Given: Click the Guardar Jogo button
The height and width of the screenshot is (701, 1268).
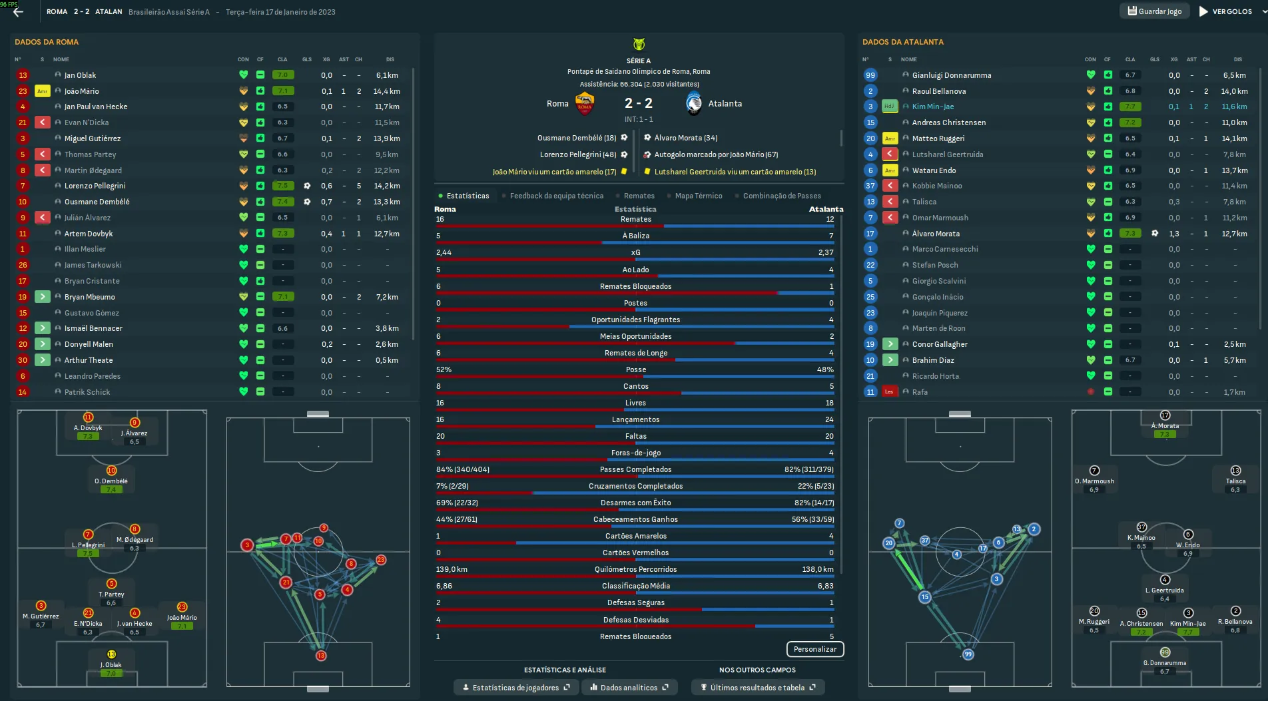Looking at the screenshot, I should (x=1155, y=11).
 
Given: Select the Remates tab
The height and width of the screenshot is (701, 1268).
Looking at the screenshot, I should (x=639, y=196).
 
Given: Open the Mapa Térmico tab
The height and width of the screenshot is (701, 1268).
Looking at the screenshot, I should (x=698, y=196).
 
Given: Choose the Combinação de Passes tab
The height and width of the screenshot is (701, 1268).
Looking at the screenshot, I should (x=781, y=196).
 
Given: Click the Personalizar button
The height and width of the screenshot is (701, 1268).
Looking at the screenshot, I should (x=814, y=649).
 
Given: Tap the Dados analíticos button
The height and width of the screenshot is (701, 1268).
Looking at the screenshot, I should (x=629, y=688).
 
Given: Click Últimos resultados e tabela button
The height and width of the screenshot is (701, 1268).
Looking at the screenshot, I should (x=757, y=688).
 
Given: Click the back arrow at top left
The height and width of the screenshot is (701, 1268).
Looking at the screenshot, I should (x=18, y=11).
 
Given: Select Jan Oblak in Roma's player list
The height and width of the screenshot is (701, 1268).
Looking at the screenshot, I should (x=80, y=75).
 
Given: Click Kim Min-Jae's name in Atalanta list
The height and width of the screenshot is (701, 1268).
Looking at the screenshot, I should (x=932, y=107).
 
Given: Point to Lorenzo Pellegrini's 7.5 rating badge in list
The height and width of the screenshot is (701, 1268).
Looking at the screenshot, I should (x=283, y=186).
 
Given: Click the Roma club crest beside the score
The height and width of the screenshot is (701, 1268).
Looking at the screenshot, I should (x=584, y=104).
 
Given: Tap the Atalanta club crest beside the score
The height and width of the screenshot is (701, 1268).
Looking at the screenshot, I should (x=694, y=104).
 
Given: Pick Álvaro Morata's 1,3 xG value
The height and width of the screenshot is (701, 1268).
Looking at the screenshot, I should (x=1174, y=234).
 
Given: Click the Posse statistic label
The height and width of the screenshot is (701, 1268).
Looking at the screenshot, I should (x=635, y=369).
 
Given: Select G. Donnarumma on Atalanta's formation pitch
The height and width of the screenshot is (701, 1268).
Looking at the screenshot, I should (x=1164, y=663).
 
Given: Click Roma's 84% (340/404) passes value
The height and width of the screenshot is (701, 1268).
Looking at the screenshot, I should (x=462, y=469).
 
